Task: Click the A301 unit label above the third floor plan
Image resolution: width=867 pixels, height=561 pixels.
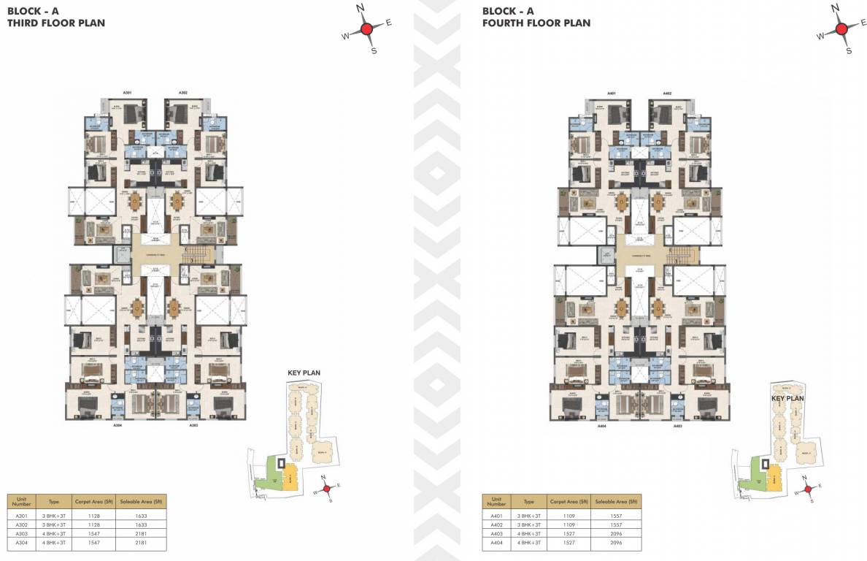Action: pos(126,93)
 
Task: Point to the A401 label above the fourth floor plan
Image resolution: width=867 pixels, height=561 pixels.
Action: pos(612,93)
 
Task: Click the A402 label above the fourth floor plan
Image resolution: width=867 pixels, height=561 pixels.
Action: pos(667,93)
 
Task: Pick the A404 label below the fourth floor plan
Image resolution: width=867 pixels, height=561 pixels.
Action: pos(602,425)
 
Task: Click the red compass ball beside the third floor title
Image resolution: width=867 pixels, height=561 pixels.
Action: pos(367,28)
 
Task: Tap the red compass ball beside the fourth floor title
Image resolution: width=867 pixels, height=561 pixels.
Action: pos(841,29)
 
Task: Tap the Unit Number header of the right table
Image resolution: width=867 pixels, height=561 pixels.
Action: pos(496,502)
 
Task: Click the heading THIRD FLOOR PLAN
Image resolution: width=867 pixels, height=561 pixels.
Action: pos(55,23)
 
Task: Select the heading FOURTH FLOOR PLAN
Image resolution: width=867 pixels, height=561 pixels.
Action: pos(536,23)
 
